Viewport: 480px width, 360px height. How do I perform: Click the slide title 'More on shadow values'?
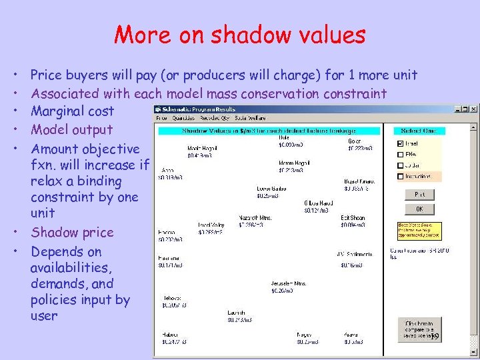pyautogui.click(x=240, y=34)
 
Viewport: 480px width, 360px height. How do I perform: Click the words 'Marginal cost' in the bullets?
pyautogui.click(x=72, y=111)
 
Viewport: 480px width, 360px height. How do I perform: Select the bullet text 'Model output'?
pyautogui.click(x=72, y=130)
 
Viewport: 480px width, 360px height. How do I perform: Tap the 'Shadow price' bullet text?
pyautogui.click(x=72, y=233)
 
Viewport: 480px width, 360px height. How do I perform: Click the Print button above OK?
pyautogui.click(x=419, y=195)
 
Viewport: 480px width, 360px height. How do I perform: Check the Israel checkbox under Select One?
pyautogui.click(x=400, y=143)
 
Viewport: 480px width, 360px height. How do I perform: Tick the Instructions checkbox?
pyautogui.click(x=400, y=177)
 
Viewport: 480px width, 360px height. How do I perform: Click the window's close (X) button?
pyautogui.click(x=473, y=109)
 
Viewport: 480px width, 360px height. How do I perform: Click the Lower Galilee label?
pyautogui.click(x=271, y=189)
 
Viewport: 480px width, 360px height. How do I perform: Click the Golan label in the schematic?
pyautogui.click(x=355, y=141)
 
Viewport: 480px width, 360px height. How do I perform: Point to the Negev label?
pyautogui.click(x=305, y=335)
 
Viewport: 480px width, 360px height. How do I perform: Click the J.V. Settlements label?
pyautogui.click(x=354, y=253)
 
